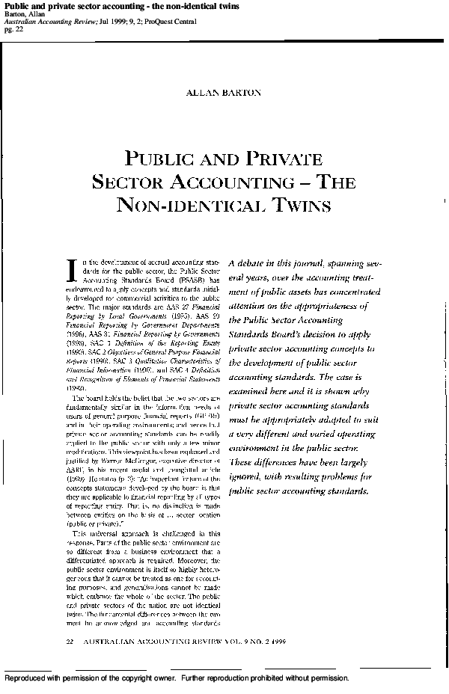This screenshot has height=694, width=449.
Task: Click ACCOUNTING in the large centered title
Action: tap(234, 181)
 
